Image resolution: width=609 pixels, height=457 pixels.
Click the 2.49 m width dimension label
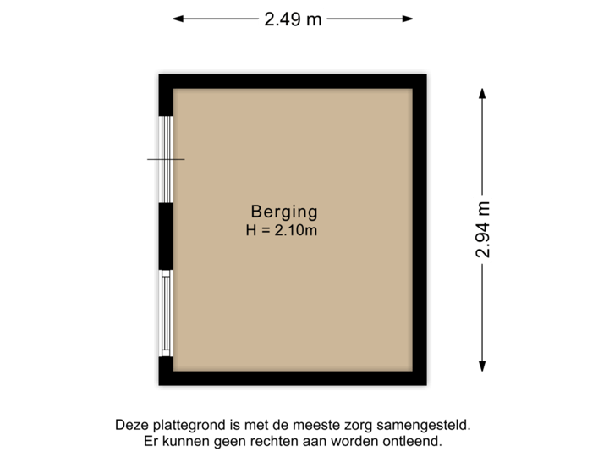(x=293, y=19)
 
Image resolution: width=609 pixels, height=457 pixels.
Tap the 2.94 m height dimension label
(x=482, y=230)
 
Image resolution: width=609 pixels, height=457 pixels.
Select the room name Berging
(x=284, y=212)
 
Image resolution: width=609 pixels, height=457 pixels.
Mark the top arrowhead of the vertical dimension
(x=482, y=91)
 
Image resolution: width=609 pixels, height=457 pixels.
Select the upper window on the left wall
(x=167, y=158)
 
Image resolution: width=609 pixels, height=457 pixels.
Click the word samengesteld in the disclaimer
(x=430, y=426)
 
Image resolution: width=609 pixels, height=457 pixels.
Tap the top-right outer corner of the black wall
(x=431, y=71)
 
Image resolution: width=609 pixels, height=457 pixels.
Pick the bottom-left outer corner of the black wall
(x=156, y=388)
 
